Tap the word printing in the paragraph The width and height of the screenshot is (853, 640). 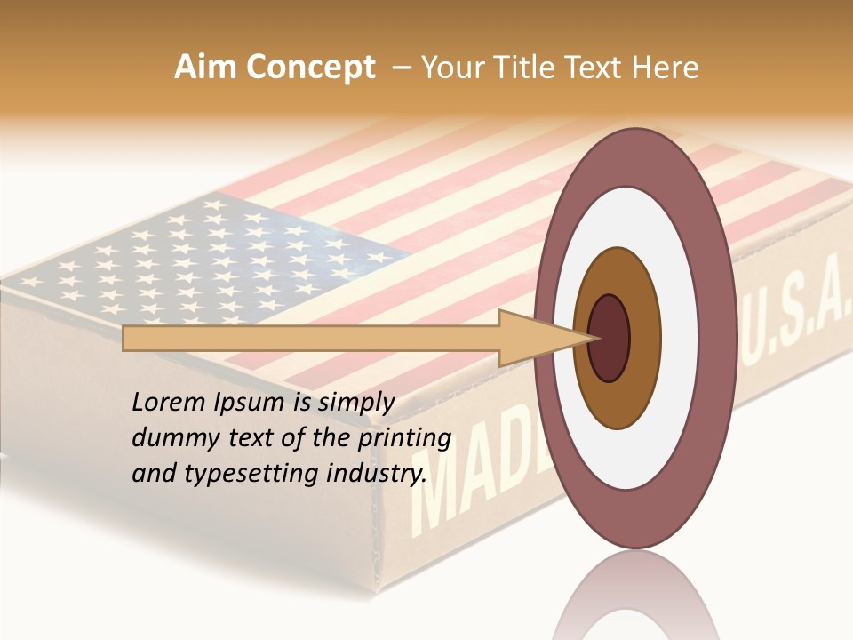tap(403, 439)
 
